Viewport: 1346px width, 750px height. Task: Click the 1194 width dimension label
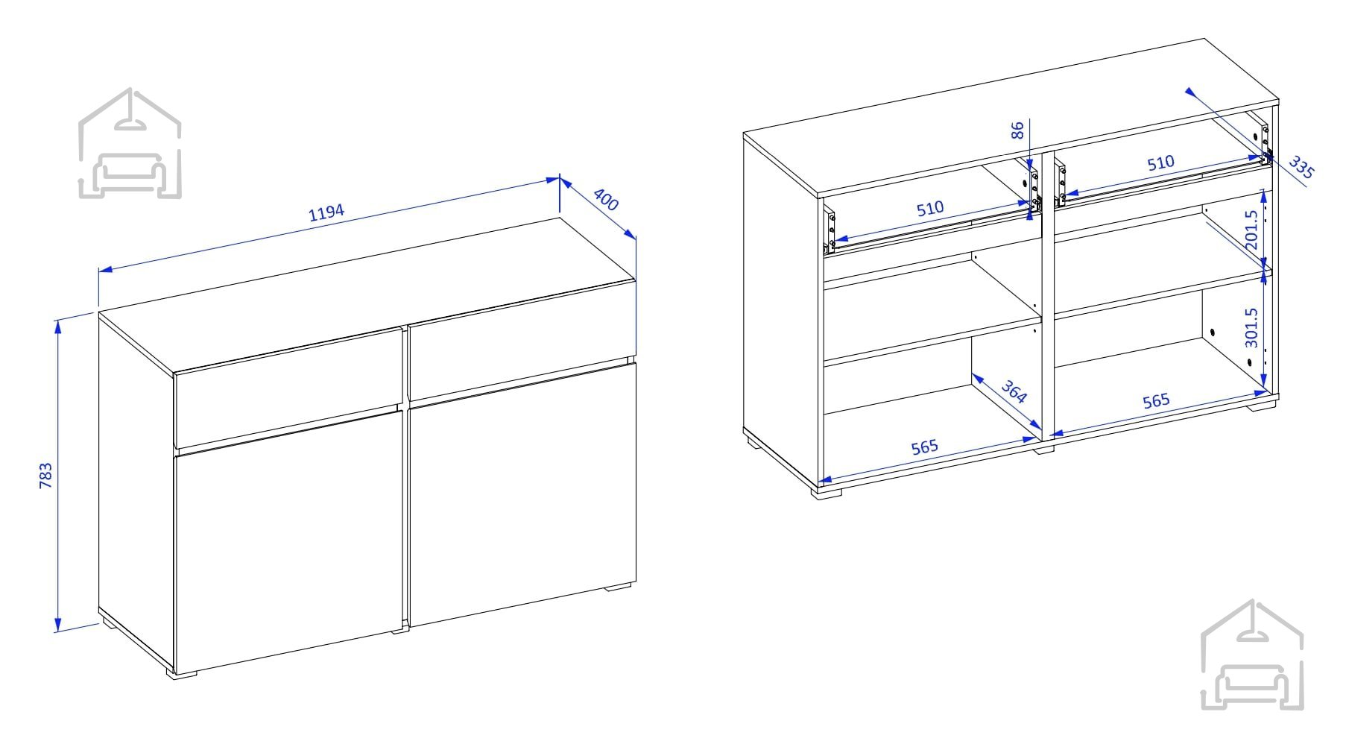click(326, 212)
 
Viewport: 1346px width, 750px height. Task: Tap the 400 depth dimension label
click(607, 199)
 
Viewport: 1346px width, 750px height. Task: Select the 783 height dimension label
click(46, 476)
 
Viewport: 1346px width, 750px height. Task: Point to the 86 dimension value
click(1018, 130)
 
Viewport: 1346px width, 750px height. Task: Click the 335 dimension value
click(1301, 168)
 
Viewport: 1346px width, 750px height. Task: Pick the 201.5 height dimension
click(1251, 230)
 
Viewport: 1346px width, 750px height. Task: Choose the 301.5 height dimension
click(1251, 328)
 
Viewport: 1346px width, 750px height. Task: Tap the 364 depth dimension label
click(1014, 391)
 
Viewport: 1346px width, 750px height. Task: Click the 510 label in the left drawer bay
click(930, 209)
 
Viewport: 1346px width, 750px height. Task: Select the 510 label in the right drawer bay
click(1160, 163)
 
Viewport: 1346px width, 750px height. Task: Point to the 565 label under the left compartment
click(924, 447)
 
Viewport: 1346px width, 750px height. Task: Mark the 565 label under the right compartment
click(1156, 401)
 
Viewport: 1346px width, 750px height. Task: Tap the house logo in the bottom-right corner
click(1252, 655)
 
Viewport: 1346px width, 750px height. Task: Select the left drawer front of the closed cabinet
click(288, 389)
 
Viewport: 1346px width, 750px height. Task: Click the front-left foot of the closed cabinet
click(182, 675)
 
